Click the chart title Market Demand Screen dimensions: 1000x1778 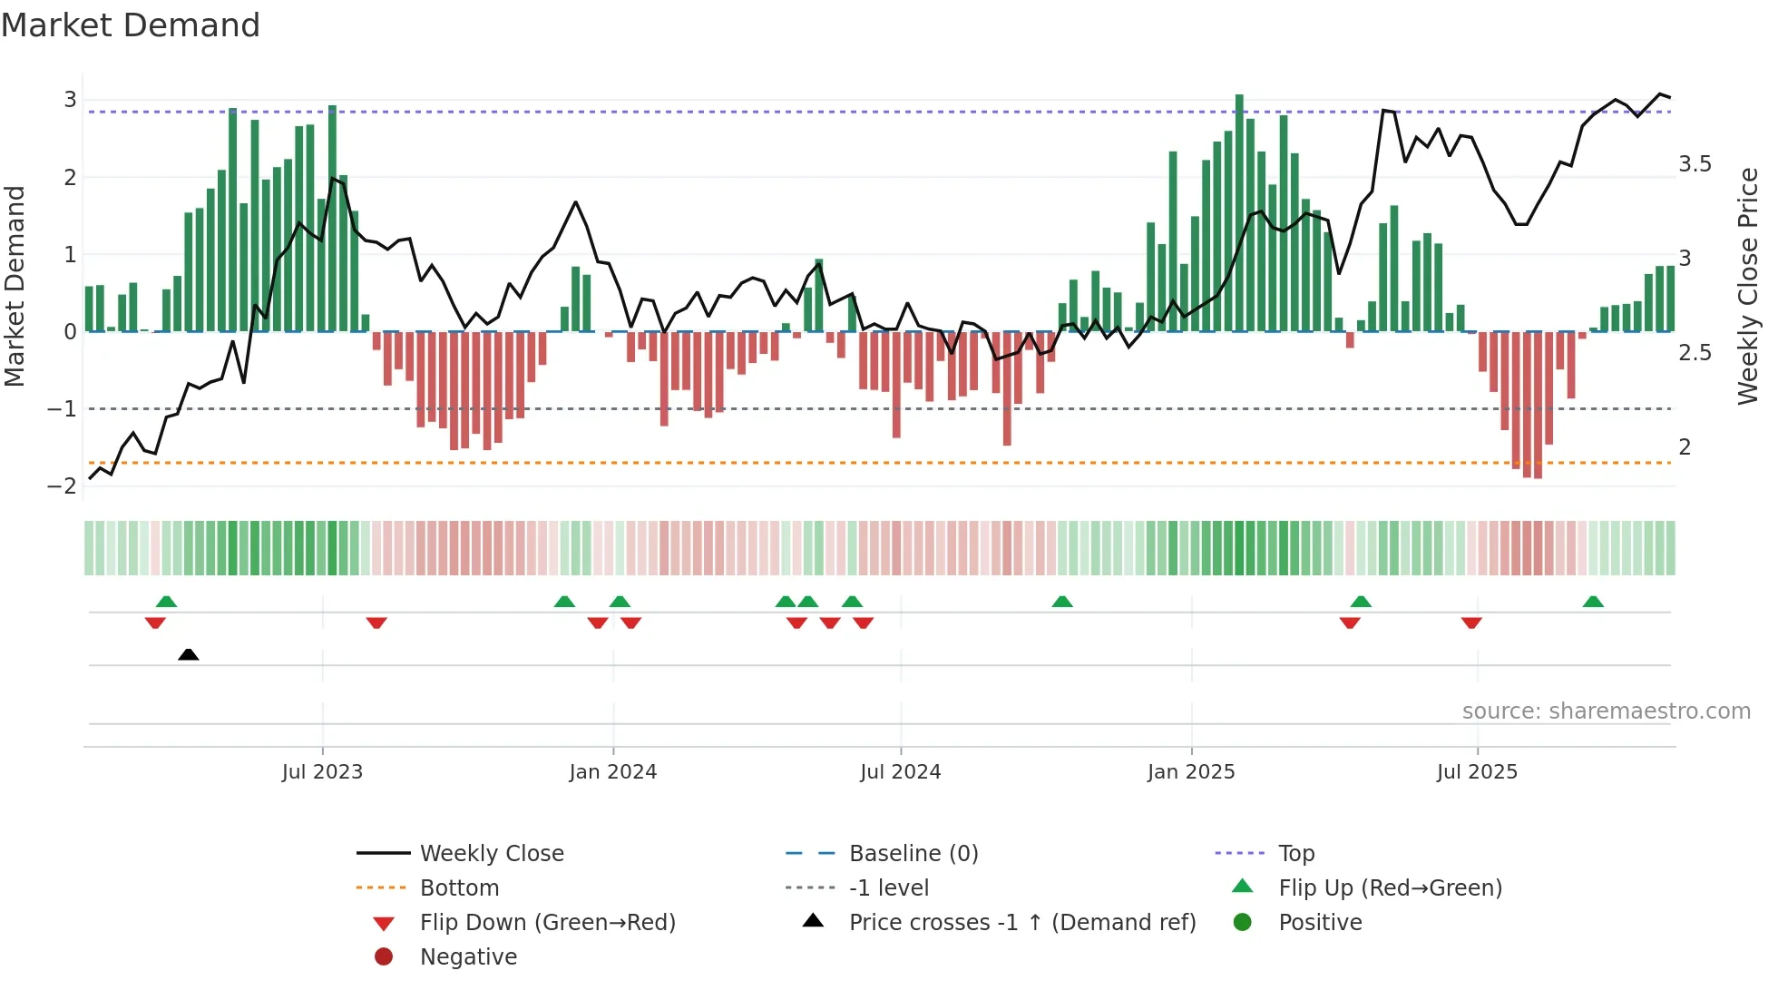coord(131,25)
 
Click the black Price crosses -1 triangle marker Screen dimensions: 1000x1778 coord(188,654)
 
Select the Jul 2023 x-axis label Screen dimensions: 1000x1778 coord(322,772)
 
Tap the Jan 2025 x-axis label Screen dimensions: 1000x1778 coord(1190,772)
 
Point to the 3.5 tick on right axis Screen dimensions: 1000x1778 coord(1695,164)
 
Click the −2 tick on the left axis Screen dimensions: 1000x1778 coord(63,486)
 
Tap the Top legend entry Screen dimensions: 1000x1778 coord(1295,854)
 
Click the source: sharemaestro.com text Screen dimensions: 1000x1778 coord(1606,711)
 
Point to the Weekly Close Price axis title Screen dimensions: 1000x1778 coord(1747,286)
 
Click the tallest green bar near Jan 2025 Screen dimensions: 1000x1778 coord(1239,213)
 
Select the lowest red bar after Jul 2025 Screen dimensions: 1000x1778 coord(1538,406)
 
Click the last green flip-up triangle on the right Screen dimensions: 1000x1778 coord(1593,602)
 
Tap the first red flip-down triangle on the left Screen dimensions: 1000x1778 coord(155,623)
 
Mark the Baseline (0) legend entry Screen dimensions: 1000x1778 coord(913,854)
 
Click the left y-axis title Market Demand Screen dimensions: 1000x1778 coord(15,286)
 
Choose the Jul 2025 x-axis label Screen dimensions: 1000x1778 coord(1477,772)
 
